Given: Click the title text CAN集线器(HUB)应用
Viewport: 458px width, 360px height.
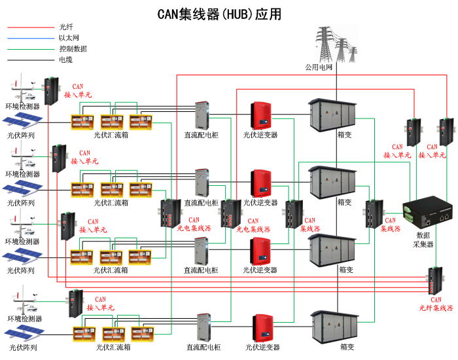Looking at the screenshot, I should pyautogui.click(x=220, y=14).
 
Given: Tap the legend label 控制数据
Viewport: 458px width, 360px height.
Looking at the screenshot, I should pyautogui.click(x=73, y=48).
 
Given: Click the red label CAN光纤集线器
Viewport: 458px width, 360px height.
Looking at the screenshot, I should pyautogui.click(x=436, y=304).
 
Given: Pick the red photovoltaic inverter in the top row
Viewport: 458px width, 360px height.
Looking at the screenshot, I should pyautogui.click(x=261, y=115).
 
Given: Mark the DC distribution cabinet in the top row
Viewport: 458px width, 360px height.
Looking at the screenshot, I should pyautogui.click(x=200, y=115).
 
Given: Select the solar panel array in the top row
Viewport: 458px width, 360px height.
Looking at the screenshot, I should pyautogui.click(x=22, y=120).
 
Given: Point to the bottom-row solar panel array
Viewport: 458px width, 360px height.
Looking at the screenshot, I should pyautogui.click(x=22, y=333).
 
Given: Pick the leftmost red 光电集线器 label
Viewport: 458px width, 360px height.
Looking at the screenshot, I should pyautogui.click(x=195, y=225).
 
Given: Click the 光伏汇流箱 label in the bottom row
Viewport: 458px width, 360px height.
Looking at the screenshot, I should pyautogui.click(x=113, y=347).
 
